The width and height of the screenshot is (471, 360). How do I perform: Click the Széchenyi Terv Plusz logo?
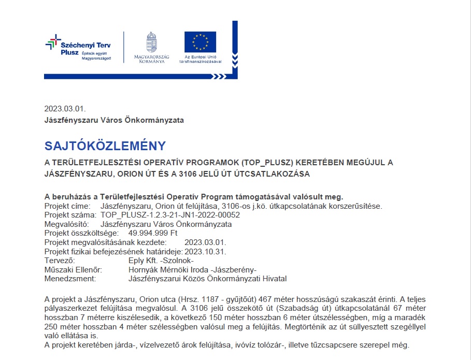tap(78, 48)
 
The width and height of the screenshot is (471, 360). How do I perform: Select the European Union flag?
tap(200, 42)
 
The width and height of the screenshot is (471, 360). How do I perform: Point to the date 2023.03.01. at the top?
tap(65, 109)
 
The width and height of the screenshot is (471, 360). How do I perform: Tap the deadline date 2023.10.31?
tap(206, 251)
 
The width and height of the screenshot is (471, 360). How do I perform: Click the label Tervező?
tap(60, 261)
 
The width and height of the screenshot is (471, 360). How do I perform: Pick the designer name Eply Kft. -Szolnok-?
tap(161, 261)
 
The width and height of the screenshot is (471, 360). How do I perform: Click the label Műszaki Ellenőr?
tap(74, 270)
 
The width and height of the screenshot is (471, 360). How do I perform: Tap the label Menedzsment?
tap(70, 279)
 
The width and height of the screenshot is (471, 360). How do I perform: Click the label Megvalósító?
tap(67, 224)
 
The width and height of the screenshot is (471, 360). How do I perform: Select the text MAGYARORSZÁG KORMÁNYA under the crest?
tap(152, 59)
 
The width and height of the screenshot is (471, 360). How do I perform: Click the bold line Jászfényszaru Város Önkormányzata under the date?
tap(114, 120)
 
